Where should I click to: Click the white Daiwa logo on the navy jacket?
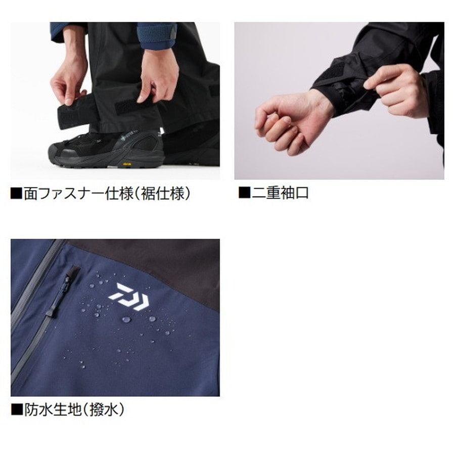click(x=129, y=295)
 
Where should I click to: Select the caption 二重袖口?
click(x=280, y=193)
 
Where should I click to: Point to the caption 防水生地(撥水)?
click(x=74, y=410)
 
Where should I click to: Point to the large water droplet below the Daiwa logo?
click(x=126, y=319)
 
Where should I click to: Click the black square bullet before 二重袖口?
click(x=244, y=193)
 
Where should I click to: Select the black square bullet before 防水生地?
click(x=17, y=409)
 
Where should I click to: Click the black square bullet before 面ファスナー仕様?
click(x=17, y=193)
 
